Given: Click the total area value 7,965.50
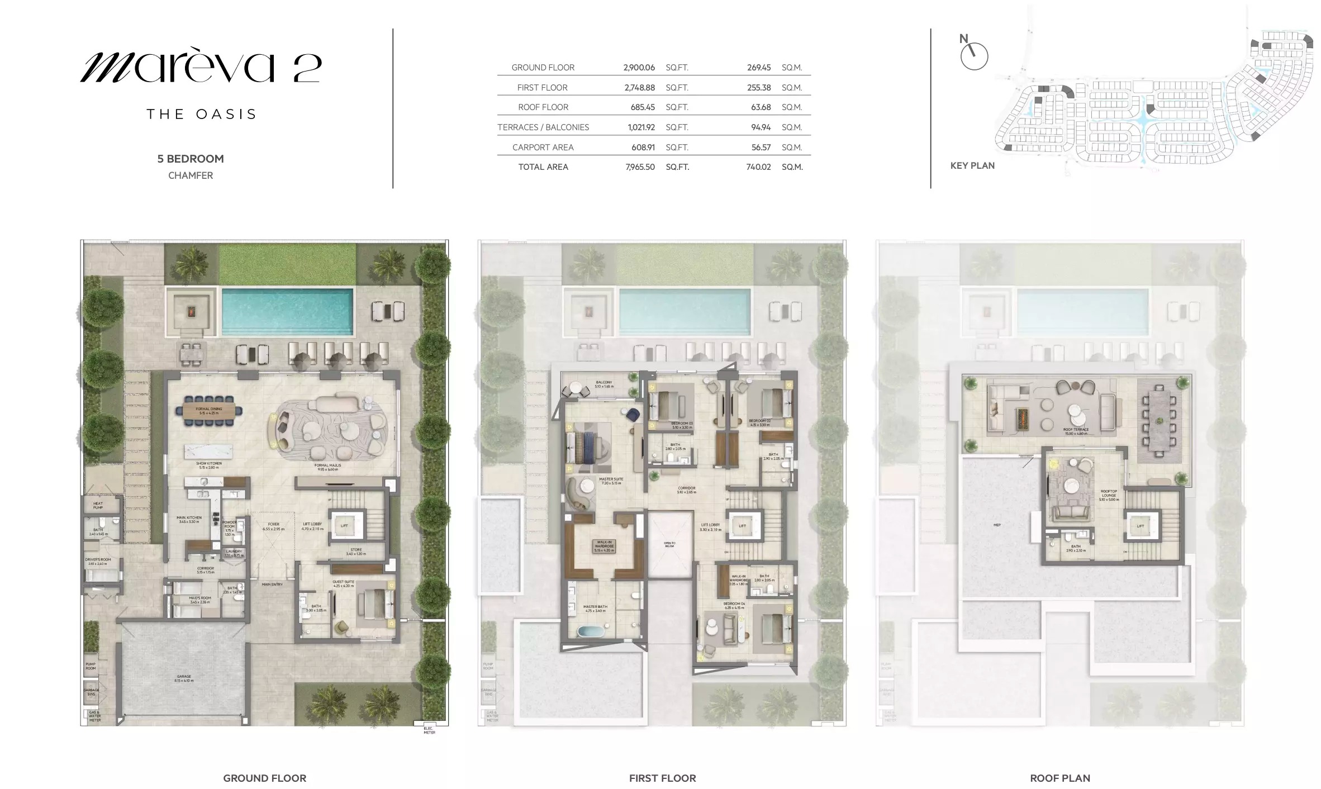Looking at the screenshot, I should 640,167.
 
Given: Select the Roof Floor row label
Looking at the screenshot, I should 543,107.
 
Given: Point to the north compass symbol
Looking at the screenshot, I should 974,56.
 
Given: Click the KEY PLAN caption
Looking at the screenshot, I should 972,166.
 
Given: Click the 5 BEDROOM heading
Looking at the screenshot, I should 191,159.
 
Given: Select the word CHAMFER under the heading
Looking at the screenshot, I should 191,175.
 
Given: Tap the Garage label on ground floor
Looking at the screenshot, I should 184,678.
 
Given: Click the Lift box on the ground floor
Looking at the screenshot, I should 344,525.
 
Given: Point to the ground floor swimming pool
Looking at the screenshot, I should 287,311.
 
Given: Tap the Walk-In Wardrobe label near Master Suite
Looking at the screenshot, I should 604,545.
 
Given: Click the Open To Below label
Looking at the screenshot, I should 669,544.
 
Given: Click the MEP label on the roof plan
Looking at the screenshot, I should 997,525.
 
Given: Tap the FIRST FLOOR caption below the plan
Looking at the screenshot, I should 662,778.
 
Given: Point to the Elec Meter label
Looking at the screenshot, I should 429,730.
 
